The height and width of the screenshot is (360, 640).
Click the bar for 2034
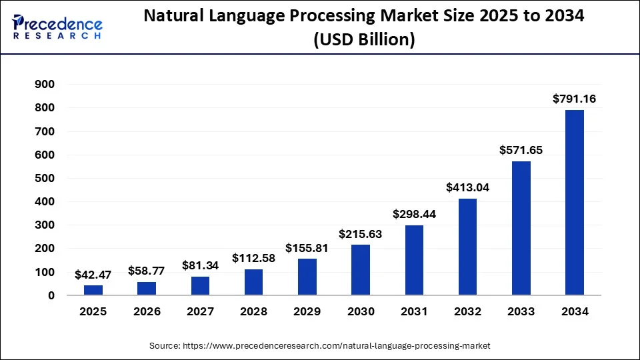click(x=574, y=202)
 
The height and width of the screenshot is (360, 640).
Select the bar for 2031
click(x=414, y=260)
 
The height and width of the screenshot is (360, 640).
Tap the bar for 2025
click(x=93, y=290)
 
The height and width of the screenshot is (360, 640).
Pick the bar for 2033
click(x=521, y=228)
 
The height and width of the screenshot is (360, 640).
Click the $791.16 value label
click(x=574, y=99)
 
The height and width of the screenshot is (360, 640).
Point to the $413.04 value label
click(x=467, y=187)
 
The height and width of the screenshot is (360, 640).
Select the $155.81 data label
click(x=307, y=247)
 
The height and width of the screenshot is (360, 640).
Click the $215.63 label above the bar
click(x=361, y=233)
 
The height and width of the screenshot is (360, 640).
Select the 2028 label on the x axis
click(x=253, y=311)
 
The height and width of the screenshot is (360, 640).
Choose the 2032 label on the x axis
click(x=467, y=311)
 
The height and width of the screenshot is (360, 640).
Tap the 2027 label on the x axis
click(x=200, y=311)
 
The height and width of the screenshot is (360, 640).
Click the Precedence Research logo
click(x=57, y=27)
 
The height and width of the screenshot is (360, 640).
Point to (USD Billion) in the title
click(x=364, y=40)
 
